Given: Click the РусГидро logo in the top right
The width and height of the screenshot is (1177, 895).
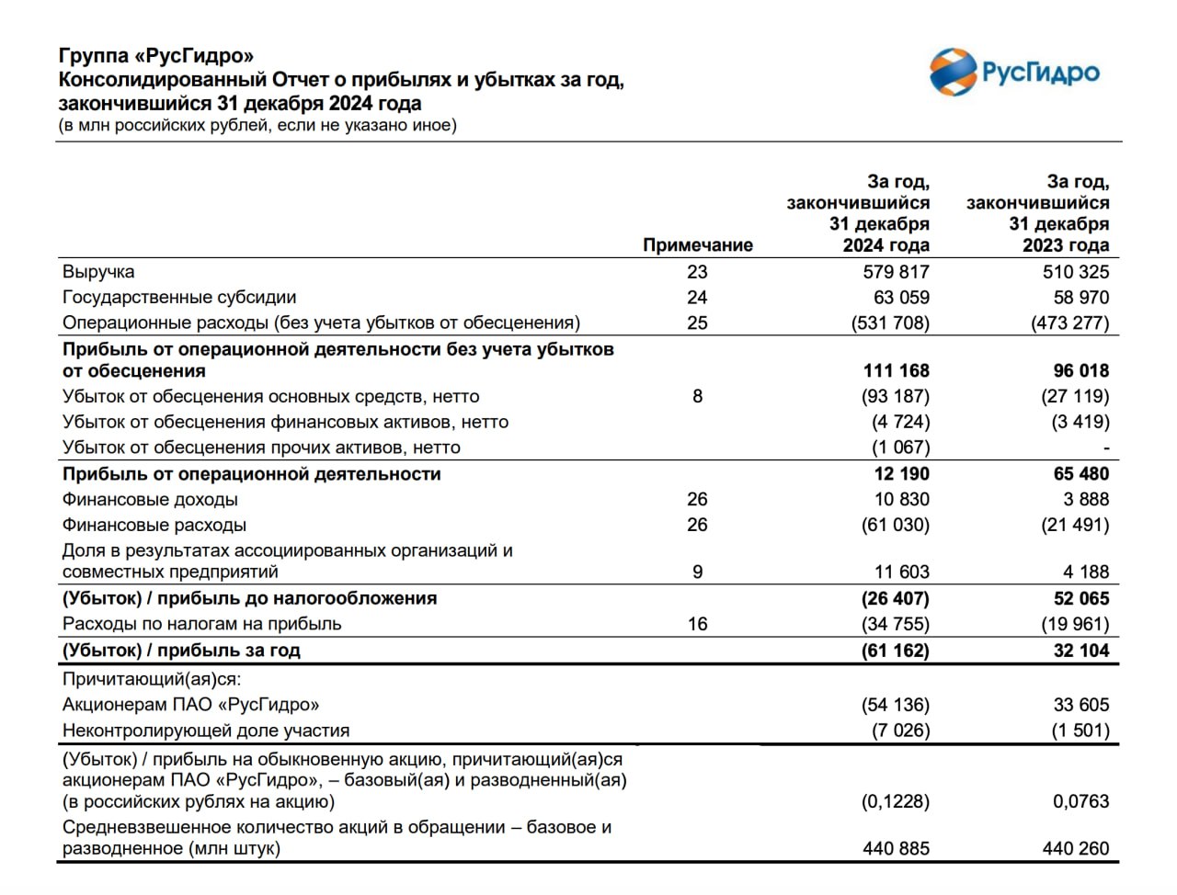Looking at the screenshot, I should click(x=1014, y=73).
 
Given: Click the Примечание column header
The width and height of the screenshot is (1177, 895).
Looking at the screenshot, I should click(x=697, y=245).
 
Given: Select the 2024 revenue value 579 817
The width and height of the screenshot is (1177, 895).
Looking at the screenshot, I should click(x=896, y=272).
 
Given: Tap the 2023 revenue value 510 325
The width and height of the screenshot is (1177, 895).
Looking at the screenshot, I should click(x=1075, y=272).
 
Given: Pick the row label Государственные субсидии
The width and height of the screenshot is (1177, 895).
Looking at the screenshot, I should click(x=179, y=298).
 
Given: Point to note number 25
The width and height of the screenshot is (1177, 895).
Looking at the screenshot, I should click(x=697, y=323).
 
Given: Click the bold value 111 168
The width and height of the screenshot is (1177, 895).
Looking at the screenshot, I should click(x=896, y=371).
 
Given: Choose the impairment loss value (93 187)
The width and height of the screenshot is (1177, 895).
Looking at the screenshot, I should click(x=900, y=397).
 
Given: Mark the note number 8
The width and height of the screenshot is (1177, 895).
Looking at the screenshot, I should click(x=697, y=397).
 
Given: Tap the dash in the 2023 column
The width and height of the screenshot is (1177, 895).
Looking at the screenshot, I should click(x=1106, y=448).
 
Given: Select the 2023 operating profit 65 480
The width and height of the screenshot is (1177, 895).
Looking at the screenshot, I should click(x=1081, y=474).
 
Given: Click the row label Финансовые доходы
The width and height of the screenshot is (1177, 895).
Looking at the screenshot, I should click(x=150, y=500).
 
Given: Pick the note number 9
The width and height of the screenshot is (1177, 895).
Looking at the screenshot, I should click(x=697, y=572).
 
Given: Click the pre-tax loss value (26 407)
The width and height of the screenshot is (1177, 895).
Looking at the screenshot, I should click(x=896, y=599).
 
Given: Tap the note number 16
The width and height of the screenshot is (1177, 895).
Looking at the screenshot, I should click(x=697, y=625).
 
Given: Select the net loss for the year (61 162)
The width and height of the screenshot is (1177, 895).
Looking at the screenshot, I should click(x=896, y=651).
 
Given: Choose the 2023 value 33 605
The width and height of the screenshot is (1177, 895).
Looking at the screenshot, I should click(x=1081, y=706).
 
